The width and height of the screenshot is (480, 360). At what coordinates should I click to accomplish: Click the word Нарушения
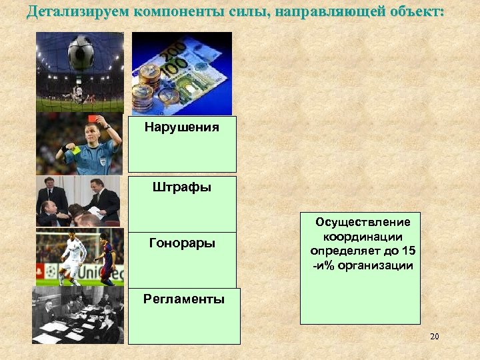point(181,127)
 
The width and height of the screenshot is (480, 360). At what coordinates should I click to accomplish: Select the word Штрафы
point(182,187)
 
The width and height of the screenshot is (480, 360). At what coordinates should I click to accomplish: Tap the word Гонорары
point(182,243)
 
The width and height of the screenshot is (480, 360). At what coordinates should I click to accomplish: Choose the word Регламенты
point(183,299)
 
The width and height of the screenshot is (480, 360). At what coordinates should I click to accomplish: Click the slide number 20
point(434,337)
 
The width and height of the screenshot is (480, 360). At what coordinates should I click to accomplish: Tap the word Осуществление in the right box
point(363,222)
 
